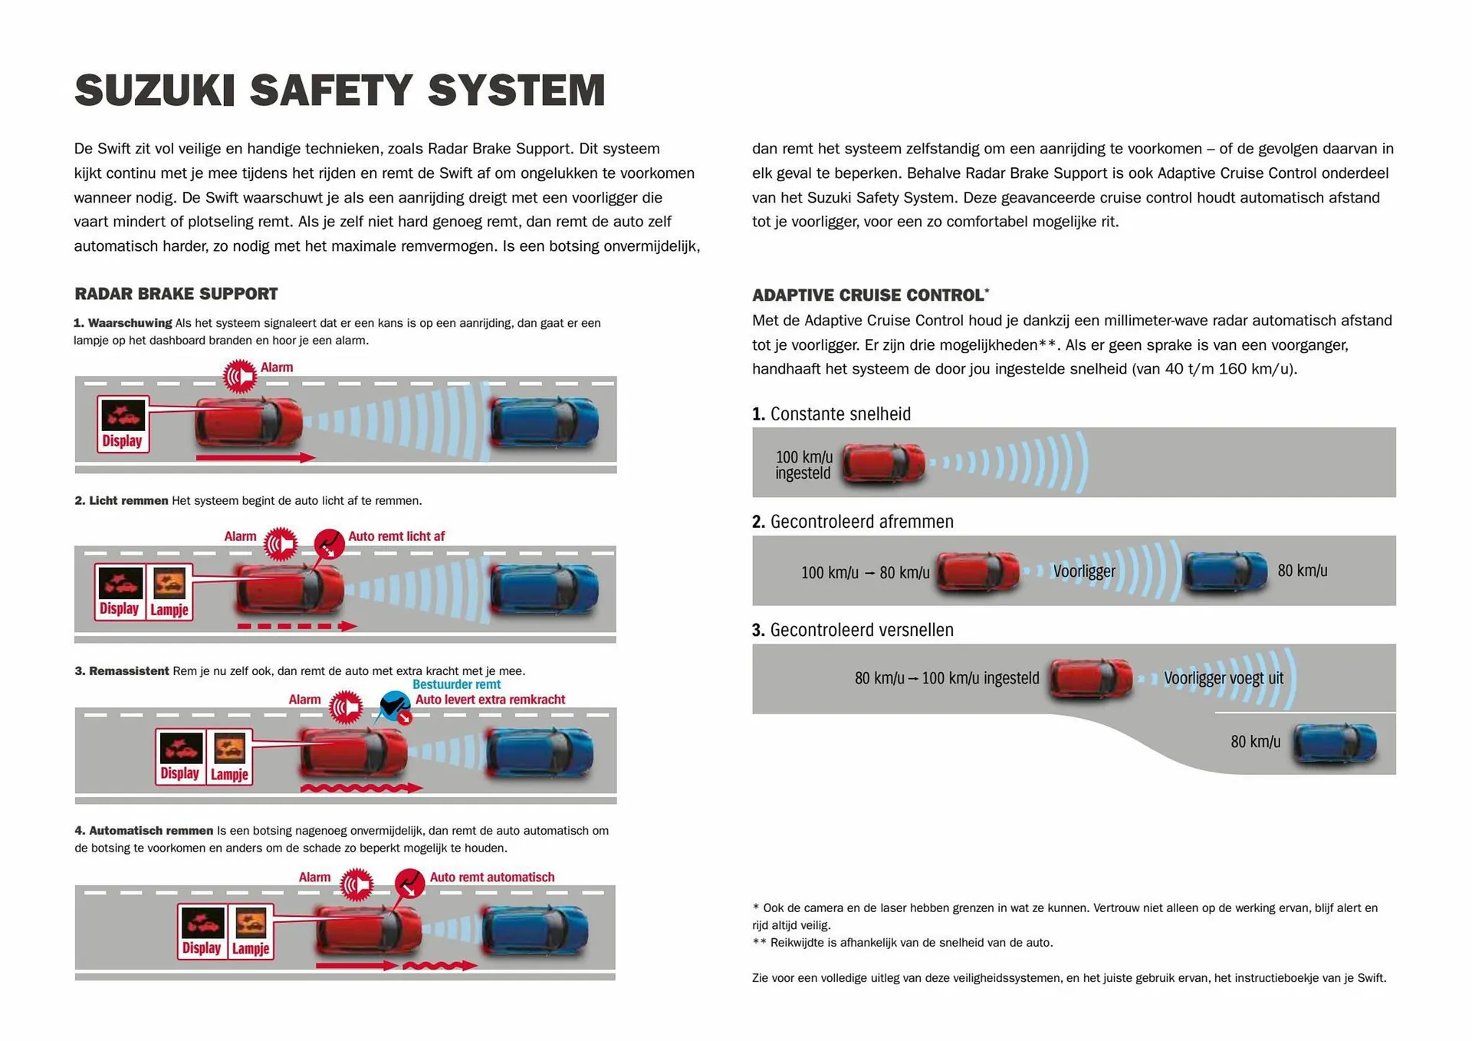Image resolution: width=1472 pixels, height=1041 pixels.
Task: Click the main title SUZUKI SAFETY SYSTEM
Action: pyautogui.click(x=340, y=91)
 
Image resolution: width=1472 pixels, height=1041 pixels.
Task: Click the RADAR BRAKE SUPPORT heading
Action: pyautogui.click(x=176, y=294)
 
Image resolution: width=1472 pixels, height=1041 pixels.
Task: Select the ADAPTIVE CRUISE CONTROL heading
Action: pyautogui.click(x=868, y=295)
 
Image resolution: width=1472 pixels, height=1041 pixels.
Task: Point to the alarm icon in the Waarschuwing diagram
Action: pyautogui.click(x=240, y=376)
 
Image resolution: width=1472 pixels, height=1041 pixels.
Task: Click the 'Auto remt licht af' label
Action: pyautogui.click(x=396, y=536)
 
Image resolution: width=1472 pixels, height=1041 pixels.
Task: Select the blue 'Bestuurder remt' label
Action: pyautogui.click(x=456, y=684)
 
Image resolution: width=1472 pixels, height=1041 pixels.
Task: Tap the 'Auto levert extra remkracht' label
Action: pyautogui.click(x=490, y=700)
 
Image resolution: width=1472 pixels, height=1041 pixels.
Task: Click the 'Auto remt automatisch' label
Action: pyautogui.click(x=491, y=877)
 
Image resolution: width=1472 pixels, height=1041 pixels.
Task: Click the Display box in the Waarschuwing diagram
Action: pyautogui.click(x=123, y=424)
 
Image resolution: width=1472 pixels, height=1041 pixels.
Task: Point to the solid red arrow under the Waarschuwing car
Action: pyautogui.click(x=255, y=458)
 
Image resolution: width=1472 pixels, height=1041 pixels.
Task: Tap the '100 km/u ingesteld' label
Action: pyautogui.click(x=803, y=465)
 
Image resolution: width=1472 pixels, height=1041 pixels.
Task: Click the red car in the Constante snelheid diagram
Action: pyautogui.click(x=884, y=463)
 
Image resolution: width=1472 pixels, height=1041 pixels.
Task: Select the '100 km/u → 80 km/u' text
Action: pyautogui.click(x=865, y=573)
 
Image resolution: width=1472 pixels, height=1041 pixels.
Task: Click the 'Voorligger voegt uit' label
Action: pyautogui.click(x=1223, y=678)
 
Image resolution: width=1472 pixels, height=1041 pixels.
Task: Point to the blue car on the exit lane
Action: pyautogui.click(x=1335, y=743)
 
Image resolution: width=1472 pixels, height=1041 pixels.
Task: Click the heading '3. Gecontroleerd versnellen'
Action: pyautogui.click(x=853, y=630)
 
